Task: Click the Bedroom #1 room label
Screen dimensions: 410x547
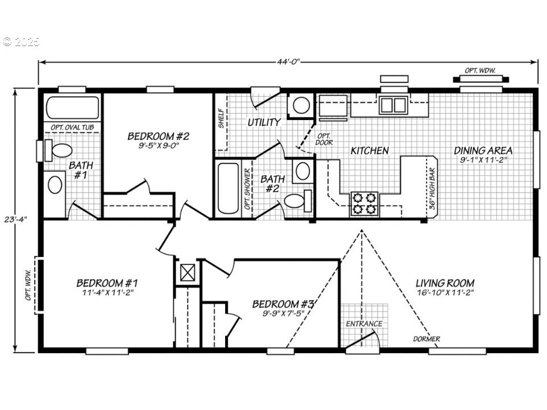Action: click(107, 283)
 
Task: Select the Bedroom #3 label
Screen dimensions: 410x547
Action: click(283, 303)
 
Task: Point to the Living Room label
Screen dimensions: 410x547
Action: click(445, 283)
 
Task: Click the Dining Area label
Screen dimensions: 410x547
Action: click(483, 151)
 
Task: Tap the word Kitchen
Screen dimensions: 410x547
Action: click(370, 151)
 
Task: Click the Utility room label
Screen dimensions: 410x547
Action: click(264, 122)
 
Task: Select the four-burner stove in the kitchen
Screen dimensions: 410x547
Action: click(364, 204)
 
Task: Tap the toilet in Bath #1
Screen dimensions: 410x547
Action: click(59, 151)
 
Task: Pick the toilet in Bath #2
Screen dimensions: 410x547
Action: click(295, 201)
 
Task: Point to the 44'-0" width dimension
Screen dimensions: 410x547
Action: click(287, 61)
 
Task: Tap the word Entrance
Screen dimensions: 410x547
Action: click(364, 324)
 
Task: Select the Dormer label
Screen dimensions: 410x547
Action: click(426, 339)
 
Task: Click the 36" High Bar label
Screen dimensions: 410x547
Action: click(433, 197)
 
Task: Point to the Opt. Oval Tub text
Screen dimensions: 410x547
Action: click(72, 127)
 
